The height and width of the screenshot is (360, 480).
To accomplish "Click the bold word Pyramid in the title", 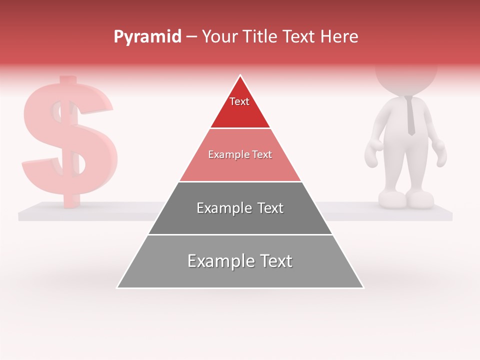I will [x=147, y=37].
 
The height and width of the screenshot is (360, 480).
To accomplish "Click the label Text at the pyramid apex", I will [x=239, y=101].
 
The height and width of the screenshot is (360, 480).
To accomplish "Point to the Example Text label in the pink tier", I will [x=240, y=154].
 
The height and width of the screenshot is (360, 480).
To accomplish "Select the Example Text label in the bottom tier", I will [x=240, y=261].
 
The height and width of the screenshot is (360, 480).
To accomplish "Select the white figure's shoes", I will [x=406, y=199].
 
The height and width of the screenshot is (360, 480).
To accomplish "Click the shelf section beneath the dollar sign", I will [x=90, y=211].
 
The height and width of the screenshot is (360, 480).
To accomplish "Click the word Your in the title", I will [x=219, y=36].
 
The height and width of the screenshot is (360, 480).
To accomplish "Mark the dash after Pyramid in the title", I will [x=191, y=37].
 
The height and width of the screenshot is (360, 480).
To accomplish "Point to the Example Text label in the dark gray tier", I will [x=240, y=208].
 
